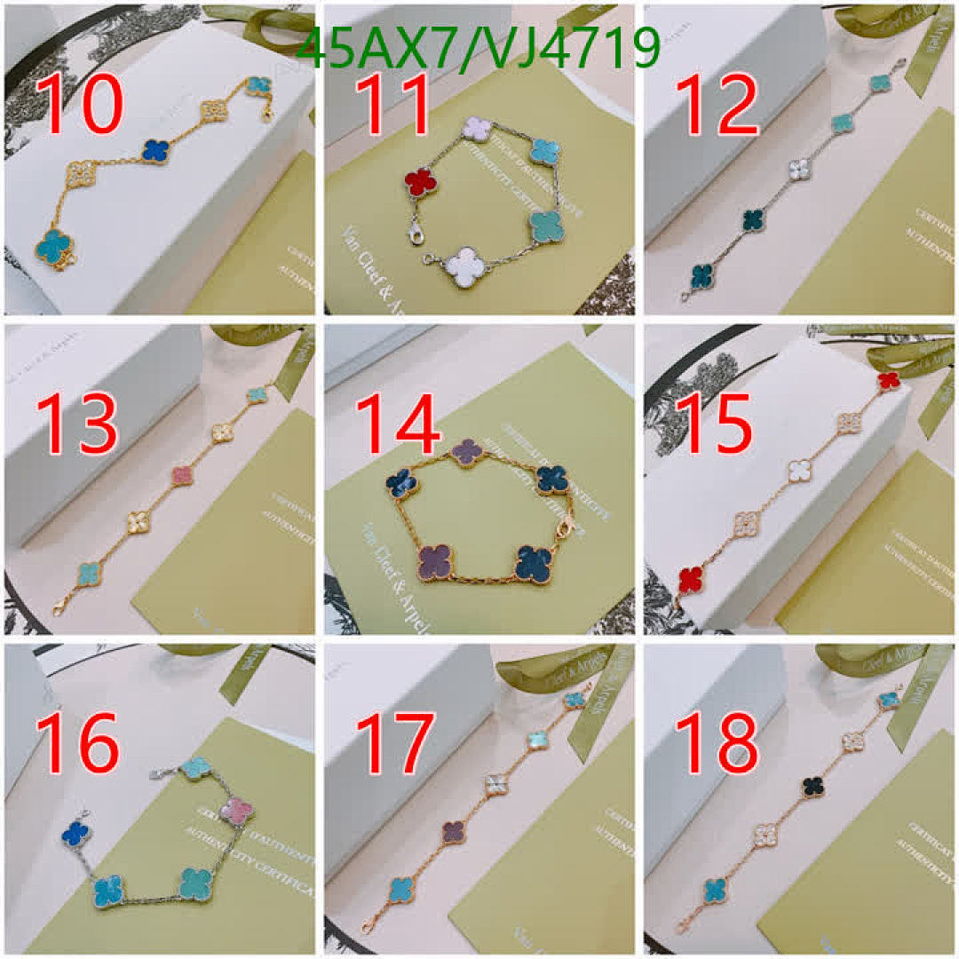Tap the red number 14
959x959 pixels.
point(398,424)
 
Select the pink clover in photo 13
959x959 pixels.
point(182,477)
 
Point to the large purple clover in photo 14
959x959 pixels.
point(435,562)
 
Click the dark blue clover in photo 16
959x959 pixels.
point(77,832)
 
